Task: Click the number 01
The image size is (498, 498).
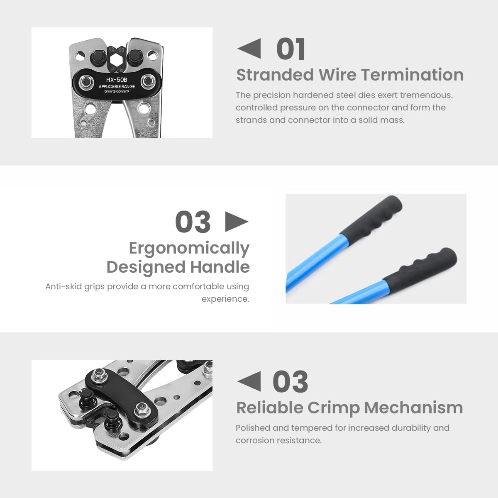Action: click(291, 49)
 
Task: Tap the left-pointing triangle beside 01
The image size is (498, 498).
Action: click(249, 49)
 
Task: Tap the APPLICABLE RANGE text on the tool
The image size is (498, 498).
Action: click(117, 86)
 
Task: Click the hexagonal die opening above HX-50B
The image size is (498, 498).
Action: click(117, 62)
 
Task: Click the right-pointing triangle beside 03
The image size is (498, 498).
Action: click(237, 222)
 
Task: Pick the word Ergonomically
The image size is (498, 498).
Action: click(189, 248)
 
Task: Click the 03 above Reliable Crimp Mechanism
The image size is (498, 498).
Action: click(290, 382)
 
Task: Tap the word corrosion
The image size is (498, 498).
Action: click(255, 440)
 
